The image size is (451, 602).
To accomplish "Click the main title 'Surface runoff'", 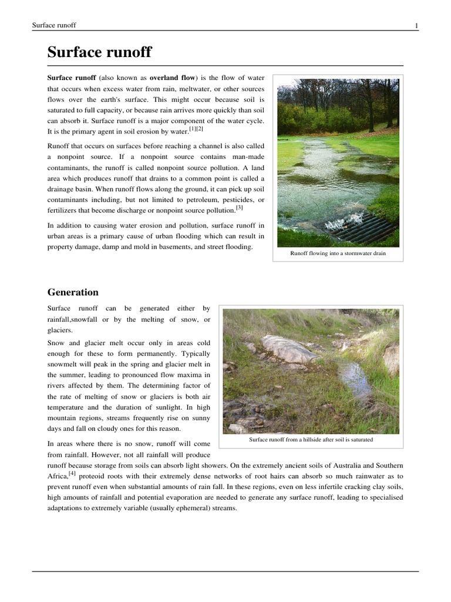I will pyautogui.click(x=99, y=53).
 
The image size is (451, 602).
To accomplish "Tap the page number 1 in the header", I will pyautogui.click(x=416, y=25).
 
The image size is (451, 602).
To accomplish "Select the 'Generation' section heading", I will pyautogui.click(x=73, y=292).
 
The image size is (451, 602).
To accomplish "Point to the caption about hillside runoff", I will pyautogui.click(x=311, y=440).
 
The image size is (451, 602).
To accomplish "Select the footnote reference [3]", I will pyautogui.click(x=239, y=208).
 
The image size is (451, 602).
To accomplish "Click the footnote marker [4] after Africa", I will pyautogui.click(x=72, y=472).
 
